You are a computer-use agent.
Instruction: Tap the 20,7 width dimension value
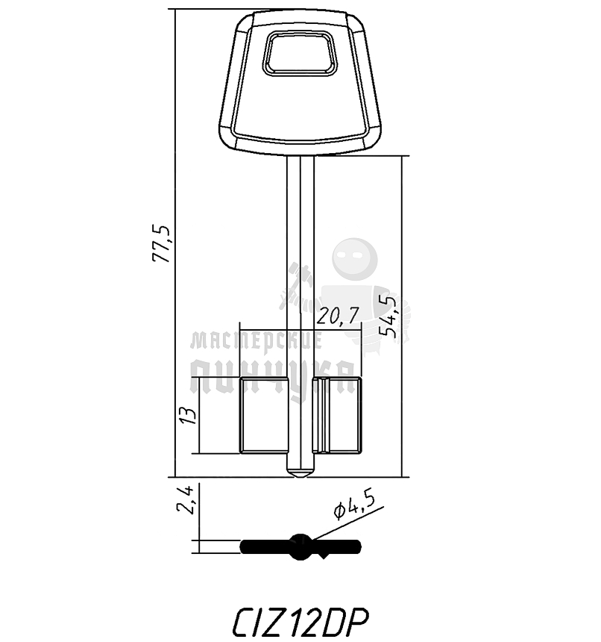pos(336,317)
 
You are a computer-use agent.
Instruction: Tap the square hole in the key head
pos(300,54)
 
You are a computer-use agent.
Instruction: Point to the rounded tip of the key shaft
pos(300,473)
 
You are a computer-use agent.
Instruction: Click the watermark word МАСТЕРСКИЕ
pos(256,342)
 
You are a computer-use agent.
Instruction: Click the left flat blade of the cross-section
pos(265,546)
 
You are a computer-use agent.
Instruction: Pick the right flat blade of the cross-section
pos(339,546)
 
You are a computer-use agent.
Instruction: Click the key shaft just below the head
pos(300,172)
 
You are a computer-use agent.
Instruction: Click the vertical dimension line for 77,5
pos(174,149)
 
